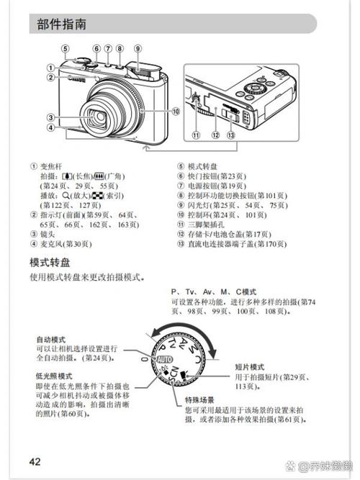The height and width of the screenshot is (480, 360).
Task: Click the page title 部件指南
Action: pyautogui.click(x=63, y=24)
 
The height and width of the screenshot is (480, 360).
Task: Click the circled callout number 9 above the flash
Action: pyautogui.click(x=136, y=49)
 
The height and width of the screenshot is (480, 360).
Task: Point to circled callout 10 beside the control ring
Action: pyautogui.click(x=175, y=111)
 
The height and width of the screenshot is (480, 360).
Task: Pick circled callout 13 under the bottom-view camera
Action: pyautogui.click(x=230, y=135)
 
